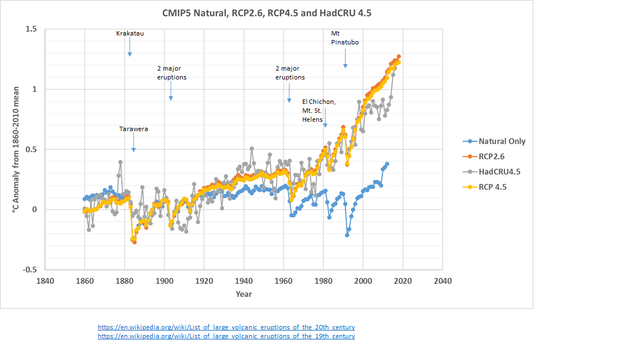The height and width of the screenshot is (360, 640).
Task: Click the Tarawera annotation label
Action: (134, 129)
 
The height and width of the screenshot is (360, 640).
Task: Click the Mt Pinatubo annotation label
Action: (344, 37)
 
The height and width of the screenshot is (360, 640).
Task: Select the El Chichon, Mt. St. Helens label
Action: (318, 111)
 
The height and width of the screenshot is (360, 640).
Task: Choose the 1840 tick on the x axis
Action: (45, 280)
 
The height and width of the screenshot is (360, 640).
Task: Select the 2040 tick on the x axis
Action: (442, 280)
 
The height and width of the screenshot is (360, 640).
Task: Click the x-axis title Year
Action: (243, 293)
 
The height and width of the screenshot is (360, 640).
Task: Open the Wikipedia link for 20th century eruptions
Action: (226, 327)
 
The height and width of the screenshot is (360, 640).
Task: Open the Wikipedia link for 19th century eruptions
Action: (226, 336)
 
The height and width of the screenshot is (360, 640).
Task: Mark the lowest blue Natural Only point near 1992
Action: (347, 235)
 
